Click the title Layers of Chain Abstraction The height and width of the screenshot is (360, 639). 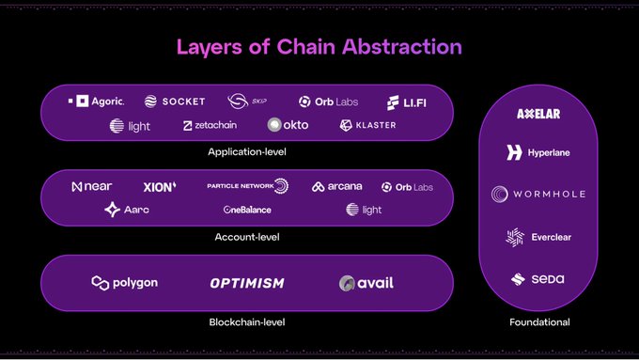(319, 46)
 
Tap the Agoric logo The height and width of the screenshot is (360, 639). (96, 101)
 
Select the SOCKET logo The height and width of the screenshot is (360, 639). (175, 102)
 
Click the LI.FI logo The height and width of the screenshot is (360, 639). (406, 102)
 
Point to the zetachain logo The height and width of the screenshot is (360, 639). (210, 125)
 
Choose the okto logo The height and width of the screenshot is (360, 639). (288, 125)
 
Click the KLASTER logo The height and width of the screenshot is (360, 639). (367, 125)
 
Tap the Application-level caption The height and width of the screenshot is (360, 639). (247, 150)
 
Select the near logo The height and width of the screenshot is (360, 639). (91, 187)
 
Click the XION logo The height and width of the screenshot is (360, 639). (160, 187)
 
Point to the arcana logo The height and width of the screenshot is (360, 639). (336, 187)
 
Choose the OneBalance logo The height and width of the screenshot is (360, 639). (247, 210)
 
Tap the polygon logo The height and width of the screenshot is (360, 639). (124, 283)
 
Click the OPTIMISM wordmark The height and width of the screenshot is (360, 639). (246, 283)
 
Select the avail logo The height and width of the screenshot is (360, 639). (366, 283)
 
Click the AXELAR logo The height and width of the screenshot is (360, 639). (538, 114)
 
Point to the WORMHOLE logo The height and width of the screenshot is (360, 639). (538, 195)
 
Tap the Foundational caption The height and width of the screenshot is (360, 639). (538, 322)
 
